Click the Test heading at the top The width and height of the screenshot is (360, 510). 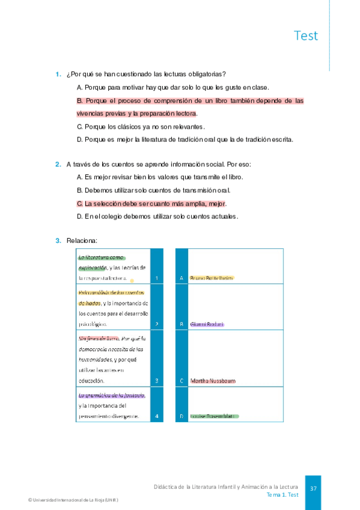306,35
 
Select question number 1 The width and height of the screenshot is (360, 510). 58,74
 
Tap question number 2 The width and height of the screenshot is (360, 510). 58,164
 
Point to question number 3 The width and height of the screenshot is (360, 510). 58,241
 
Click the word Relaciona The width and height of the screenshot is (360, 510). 82,241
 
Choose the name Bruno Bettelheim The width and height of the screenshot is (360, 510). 211,278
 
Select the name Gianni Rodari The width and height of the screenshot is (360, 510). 206,324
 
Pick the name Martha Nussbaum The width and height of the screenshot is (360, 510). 212,381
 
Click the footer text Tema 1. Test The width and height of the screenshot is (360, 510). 282,494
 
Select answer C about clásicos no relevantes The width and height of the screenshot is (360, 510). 141,126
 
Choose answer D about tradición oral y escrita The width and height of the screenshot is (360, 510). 185,140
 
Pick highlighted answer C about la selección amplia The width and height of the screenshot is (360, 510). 151,203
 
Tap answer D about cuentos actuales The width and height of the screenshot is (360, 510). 158,217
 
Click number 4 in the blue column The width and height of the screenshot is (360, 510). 156,416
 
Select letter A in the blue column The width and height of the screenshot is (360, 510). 182,278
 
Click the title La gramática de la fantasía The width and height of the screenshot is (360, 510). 112,395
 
